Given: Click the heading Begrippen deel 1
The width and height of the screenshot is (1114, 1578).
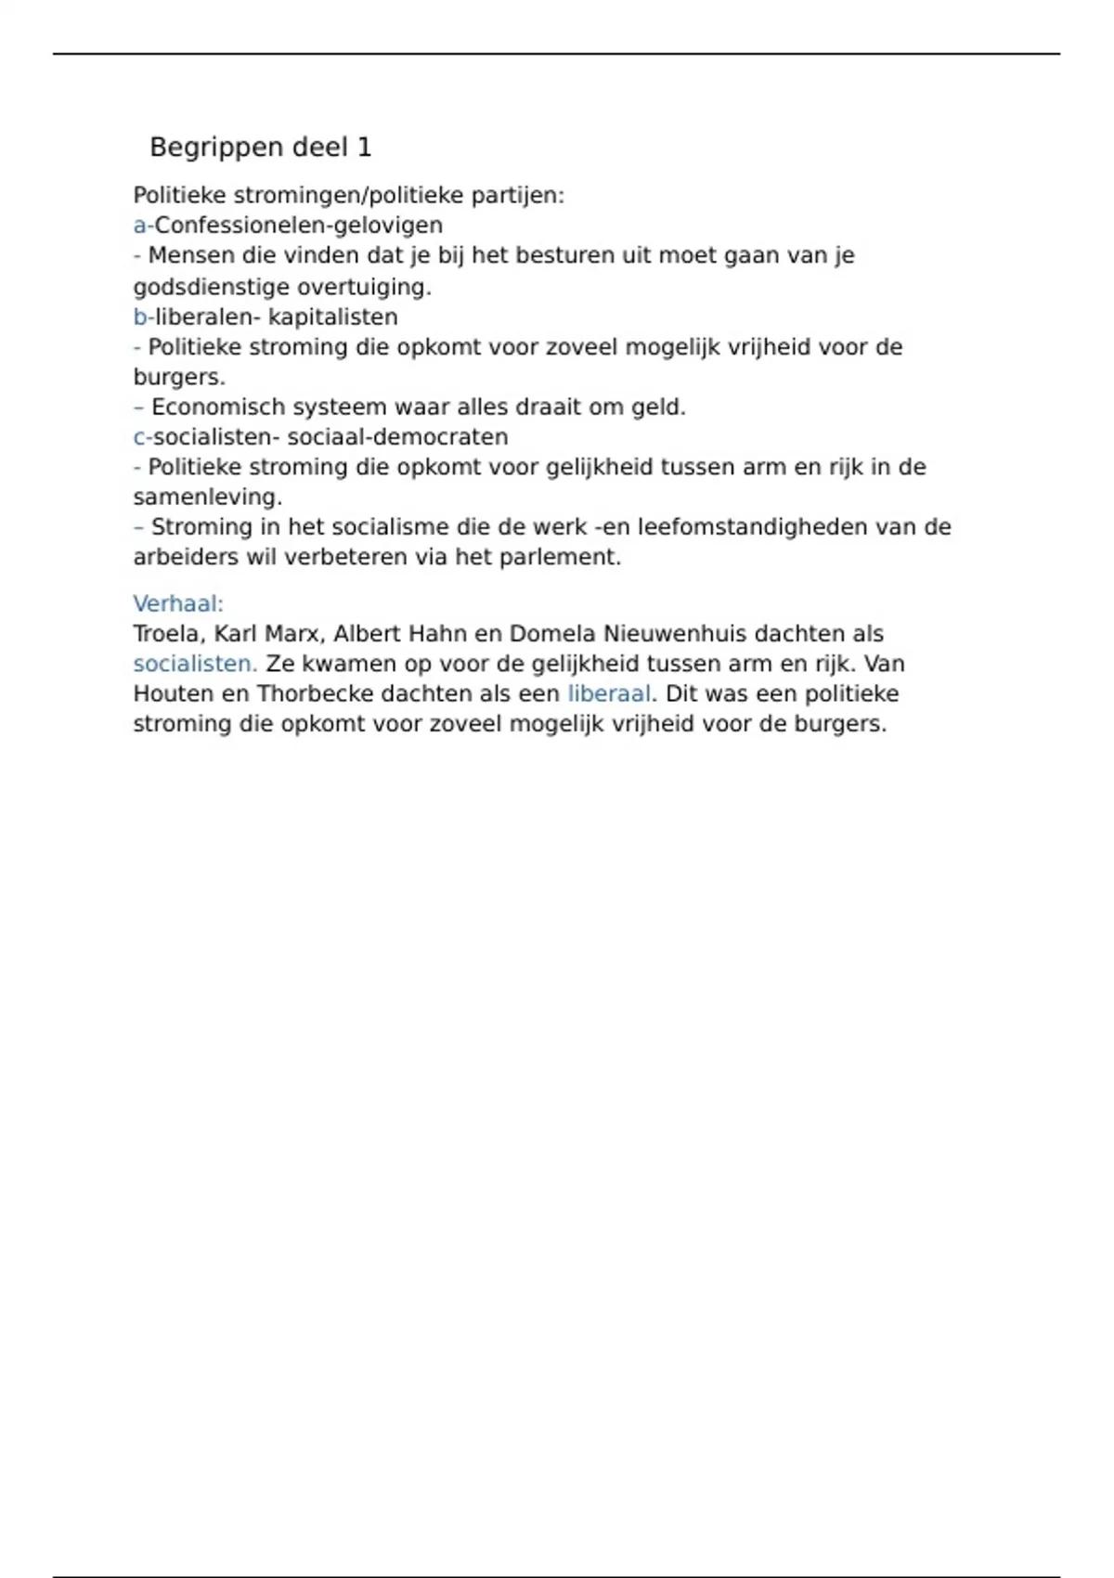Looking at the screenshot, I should tap(260, 148).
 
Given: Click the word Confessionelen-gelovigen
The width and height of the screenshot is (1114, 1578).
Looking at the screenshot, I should tap(298, 226).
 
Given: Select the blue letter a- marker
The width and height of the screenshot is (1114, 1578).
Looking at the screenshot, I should tap(142, 226).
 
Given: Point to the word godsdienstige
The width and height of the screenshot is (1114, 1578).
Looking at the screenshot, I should tap(211, 288).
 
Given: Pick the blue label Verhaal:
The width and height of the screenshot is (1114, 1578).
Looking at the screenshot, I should tap(178, 604).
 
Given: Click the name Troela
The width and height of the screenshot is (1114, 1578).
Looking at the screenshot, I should tap(167, 634).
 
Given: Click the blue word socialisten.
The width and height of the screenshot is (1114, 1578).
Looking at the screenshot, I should tap(195, 665).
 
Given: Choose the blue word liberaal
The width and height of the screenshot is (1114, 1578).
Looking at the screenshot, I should tap(609, 694).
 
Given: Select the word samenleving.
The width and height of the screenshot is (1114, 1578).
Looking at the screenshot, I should tap(207, 498).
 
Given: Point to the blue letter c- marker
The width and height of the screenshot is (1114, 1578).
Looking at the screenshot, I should tap(142, 437).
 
